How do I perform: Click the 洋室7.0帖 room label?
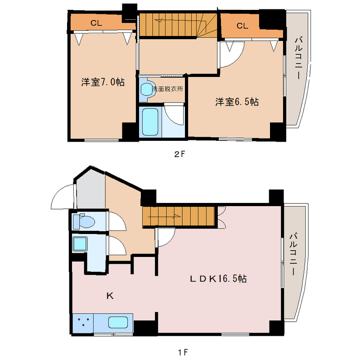click(103, 82)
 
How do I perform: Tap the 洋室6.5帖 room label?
click(237, 102)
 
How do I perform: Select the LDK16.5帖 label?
click(218, 279)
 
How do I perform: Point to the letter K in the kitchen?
click(110, 296)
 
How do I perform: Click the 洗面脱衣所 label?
click(167, 89)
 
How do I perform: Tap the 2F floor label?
click(179, 154)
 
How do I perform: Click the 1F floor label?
click(183, 352)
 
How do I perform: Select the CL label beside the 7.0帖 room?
click(96, 23)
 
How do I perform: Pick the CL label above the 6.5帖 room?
click(242, 26)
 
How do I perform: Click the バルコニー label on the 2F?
click(298, 58)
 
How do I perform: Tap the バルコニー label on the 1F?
click(293, 254)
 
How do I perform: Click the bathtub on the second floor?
click(150, 121)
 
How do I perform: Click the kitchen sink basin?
click(118, 322)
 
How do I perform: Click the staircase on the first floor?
click(179, 216)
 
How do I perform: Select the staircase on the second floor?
click(178, 25)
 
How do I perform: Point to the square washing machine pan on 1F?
click(80, 243)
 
